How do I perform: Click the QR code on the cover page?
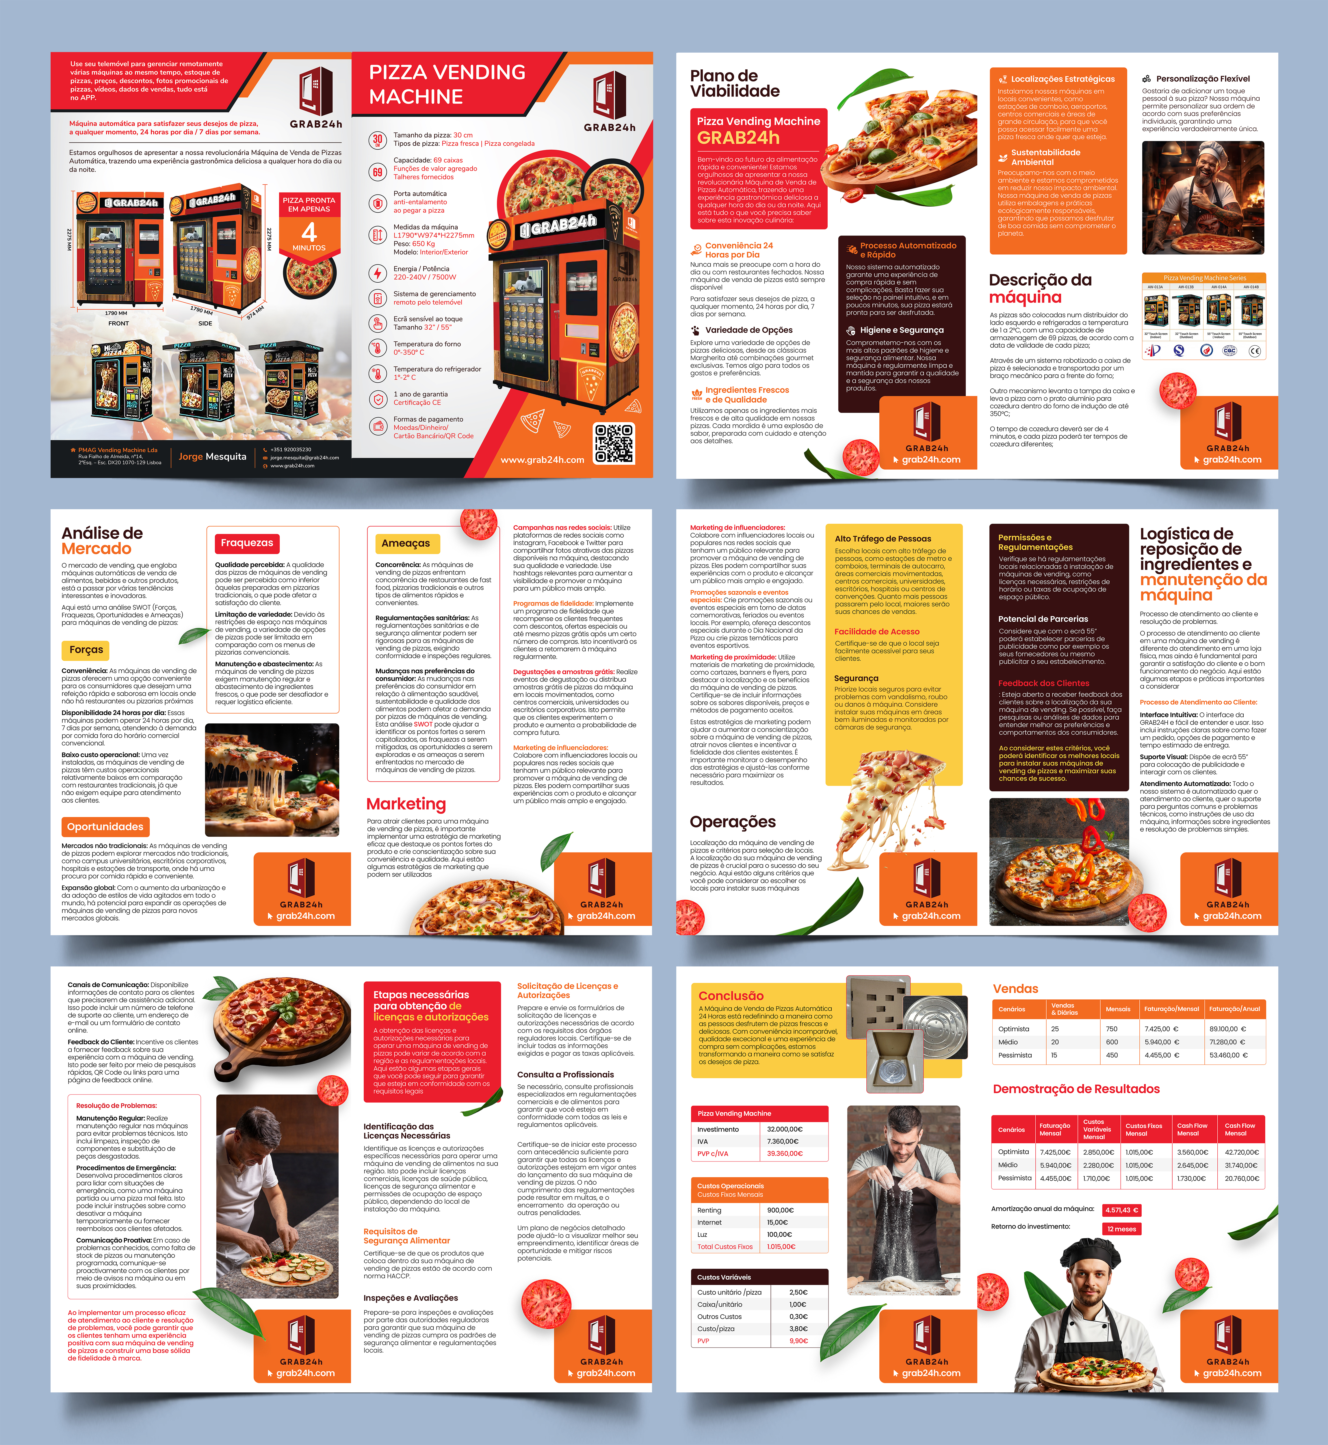click(614, 444)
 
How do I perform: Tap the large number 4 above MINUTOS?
click(309, 232)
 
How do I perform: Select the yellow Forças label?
click(86, 650)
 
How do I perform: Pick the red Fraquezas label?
click(246, 543)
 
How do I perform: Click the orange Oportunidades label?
click(105, 827)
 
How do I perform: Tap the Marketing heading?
click(406, 804)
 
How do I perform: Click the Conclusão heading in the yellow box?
click(731, 996)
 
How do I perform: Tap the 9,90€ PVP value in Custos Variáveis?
click(798, 1341)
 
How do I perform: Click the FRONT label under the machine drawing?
click(118, 323)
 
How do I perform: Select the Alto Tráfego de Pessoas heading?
click(883, 538)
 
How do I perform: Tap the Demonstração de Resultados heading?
click(1076, 1089)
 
